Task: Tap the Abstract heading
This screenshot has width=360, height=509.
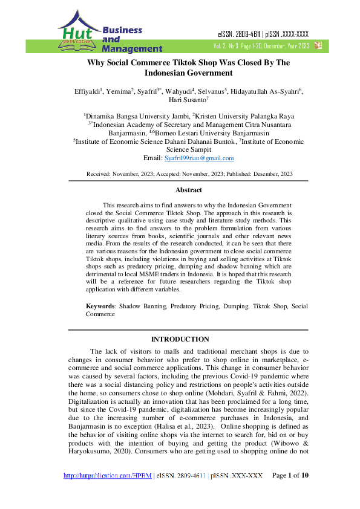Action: [188, 190]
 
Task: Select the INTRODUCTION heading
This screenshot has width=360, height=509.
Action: [180, 339]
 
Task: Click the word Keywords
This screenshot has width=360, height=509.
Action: [100, 306]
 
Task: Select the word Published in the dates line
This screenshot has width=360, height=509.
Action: [241, 173]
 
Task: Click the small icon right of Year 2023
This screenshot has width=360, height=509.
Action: [318, 45]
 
